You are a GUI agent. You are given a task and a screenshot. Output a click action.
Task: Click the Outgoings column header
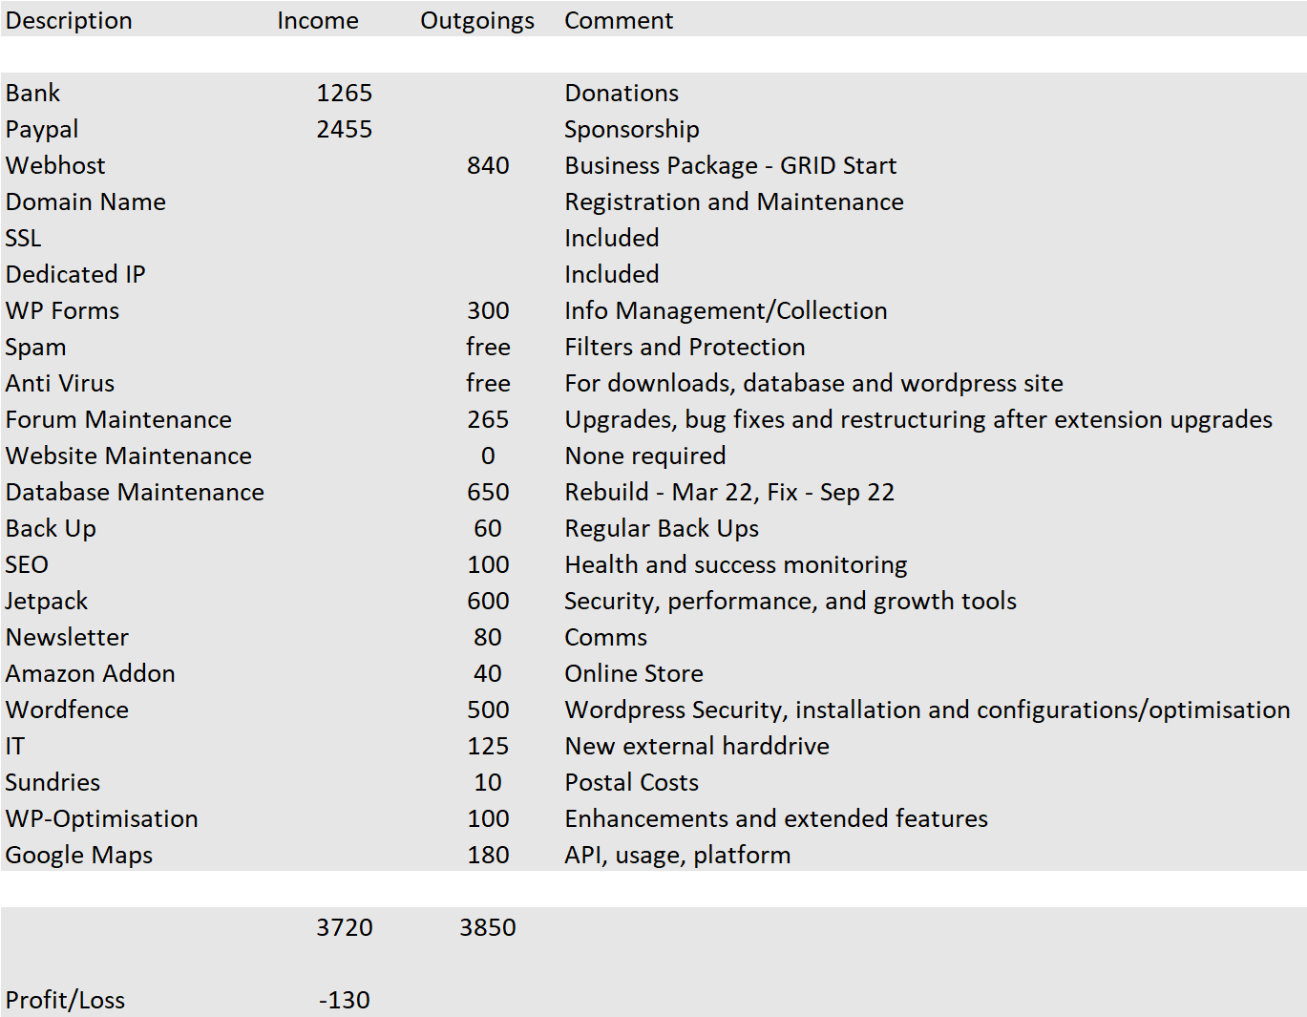click(477, 20)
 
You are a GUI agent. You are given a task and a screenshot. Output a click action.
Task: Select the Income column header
click(318, 20)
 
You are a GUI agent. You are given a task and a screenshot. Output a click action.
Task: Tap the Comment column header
click(619, 20)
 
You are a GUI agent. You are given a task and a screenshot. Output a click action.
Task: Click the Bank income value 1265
click(345, 93)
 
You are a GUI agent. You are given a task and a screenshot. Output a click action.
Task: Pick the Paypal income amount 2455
click(345, 129)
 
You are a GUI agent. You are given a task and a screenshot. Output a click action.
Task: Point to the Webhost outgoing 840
click(488, 165)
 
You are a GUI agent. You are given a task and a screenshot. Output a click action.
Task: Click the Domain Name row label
click(86, 201)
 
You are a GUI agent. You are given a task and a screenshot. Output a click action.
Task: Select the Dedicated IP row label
click(75, 274)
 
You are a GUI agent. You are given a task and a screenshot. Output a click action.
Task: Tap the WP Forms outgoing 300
click(488, 310)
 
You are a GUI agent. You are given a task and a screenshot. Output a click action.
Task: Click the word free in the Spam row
click(488, 347)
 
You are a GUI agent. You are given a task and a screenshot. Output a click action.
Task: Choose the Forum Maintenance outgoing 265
click(488, 419)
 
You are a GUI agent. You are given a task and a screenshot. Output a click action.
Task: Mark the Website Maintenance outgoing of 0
click(488, 456)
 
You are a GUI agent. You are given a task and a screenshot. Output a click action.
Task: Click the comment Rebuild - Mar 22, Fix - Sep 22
click(729, 492)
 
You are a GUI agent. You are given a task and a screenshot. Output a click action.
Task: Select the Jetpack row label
click(47, 601)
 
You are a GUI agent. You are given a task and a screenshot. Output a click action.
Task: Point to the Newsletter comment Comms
click(605, 637)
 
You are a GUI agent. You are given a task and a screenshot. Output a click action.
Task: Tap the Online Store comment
click(634, 673)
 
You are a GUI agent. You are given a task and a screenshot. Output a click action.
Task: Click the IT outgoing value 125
click(488, 746)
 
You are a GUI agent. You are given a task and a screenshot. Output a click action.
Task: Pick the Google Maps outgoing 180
click(488, 855)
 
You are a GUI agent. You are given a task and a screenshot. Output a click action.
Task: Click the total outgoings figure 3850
click(488, 927)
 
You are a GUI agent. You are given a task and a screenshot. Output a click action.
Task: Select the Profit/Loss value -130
click(345, 1000)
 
